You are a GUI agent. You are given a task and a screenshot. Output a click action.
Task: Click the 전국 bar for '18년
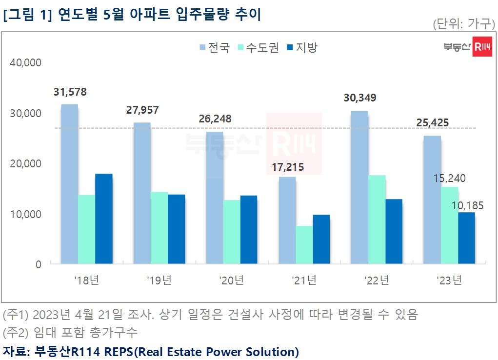point(69,184)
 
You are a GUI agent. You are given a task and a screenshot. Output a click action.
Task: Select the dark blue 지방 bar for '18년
point(104,219)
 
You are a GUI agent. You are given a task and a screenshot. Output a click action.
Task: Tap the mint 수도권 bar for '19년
point(159,228)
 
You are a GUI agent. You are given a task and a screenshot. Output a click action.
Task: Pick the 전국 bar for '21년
point(287,220)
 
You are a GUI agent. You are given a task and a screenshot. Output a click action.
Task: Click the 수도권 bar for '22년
point(377,220)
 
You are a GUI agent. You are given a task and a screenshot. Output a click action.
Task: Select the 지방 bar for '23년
point(466,238)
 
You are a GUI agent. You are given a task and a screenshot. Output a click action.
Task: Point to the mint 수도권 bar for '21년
point(304,245)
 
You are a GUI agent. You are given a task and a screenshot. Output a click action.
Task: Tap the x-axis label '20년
point(232,280)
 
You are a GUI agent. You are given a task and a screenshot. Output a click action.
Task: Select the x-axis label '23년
point(449,280)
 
